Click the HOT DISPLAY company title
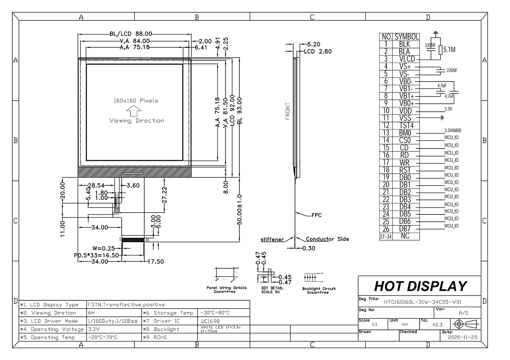click(x=420, y=286)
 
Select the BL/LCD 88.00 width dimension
click(x=131, y=34)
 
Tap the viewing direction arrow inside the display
click(x=134, y=110)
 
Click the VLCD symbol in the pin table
click(x=407, y=59)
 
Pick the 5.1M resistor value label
click(x=449, y=50)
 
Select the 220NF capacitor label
click(x=452, y=70)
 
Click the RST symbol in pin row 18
click(x=405, y=170)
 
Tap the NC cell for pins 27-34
click(x=405, y=236)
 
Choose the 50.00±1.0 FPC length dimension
click(x=240, y=210)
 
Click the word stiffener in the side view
click(x=272, y=240)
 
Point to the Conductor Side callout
click(x=327, y=239)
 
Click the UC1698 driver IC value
click(x=210, y=321)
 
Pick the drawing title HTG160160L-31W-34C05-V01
click(x=423, y=302)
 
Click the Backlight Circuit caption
click(x=319, y=290)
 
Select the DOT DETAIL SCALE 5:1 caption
click(x=272, y=290)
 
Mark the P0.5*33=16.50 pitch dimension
click(x=97, y=255)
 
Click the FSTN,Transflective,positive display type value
click(x=126, y=305)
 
